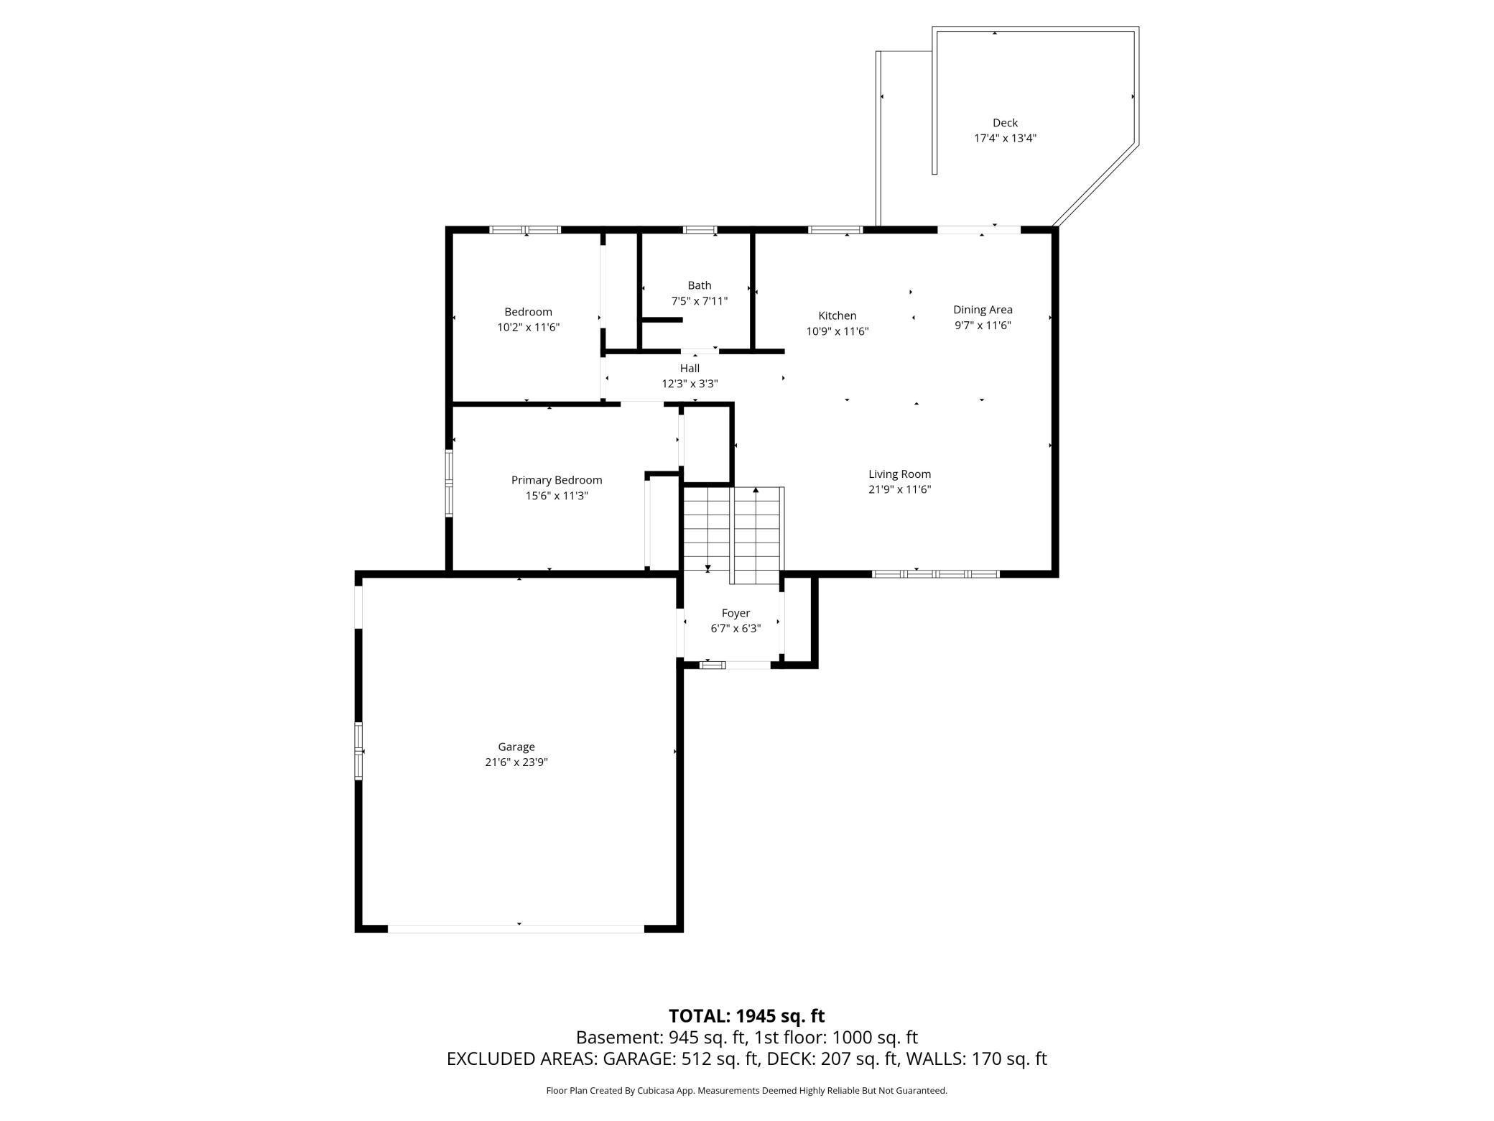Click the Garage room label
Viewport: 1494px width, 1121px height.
point(516,747)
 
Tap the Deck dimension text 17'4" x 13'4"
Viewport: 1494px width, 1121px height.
point(1005,138)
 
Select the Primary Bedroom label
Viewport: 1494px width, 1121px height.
point(557,480)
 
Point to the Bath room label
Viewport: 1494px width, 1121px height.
point(700,285)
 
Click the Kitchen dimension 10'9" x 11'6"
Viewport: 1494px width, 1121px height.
point(838,331)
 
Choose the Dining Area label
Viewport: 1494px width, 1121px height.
point(983,310)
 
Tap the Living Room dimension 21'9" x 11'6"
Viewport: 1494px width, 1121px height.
point(900,489)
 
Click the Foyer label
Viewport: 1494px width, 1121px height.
point(736,613)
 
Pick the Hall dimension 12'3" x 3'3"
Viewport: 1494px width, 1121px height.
point(690,384)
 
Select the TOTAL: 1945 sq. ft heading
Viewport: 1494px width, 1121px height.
point(747,1016)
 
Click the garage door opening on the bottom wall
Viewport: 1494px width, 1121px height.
point(516,928)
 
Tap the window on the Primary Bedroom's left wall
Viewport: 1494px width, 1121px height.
point(449,484)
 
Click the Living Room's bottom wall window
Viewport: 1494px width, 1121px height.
point(936,573)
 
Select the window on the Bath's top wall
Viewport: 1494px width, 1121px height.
point(700,230)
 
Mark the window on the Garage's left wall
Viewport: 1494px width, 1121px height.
point(358,751)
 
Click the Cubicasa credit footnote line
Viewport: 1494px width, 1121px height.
point(747,1091)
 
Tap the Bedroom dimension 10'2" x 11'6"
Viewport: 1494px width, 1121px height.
point(529,328)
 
